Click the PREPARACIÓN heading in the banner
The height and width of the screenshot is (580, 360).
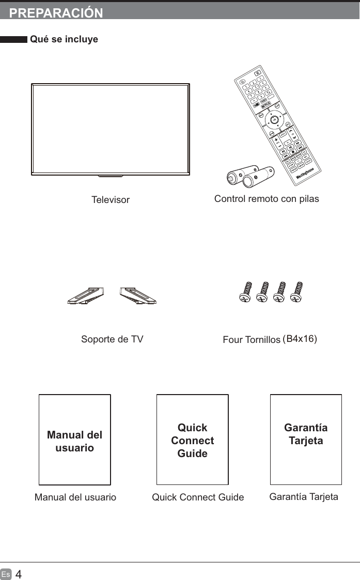[x=56, y=13]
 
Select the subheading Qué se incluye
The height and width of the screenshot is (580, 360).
[x=64, y=39]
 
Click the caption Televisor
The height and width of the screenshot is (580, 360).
[x=111, y=199]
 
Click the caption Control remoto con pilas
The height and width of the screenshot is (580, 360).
[x=267, y=199]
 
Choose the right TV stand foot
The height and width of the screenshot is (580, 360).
[x=138, y=296]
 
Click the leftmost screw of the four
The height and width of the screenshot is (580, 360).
[x=246, y=292]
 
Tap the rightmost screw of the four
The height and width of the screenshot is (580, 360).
[x=296, y=292]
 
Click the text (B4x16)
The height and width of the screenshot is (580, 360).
[x=301, y=339]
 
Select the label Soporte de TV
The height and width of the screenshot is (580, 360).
[x=112, y=339]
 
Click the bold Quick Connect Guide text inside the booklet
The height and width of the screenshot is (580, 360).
[x=192, y=441]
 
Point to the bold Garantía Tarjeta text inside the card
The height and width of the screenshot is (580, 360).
[x=306, y=434]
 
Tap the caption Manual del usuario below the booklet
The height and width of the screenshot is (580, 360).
[x=75, y=497]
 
